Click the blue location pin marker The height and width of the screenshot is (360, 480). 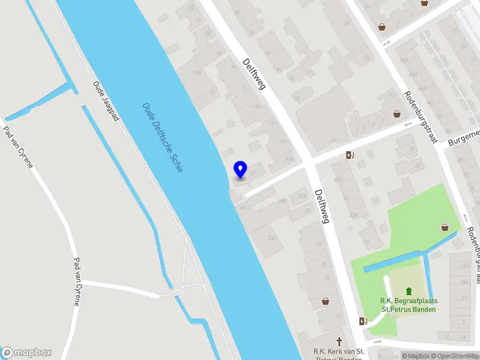click(x=241, y=170)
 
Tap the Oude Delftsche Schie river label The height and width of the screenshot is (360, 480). click(x=163, y=137)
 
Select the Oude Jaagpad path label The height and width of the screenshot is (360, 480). click(x=106, y=101)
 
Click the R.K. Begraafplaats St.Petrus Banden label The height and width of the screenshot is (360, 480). click(x=408, y=305)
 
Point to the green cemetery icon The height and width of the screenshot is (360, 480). click(x=409, y=291)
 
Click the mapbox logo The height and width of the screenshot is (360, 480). click(x=26, y=353)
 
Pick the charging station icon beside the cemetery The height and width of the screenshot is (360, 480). click(x=362, y=321)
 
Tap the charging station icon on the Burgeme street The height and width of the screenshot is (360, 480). click(x=350, y=155)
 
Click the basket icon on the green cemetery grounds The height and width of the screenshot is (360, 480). click(x=445, y=227)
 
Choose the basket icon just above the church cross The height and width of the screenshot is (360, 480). click(x=325, y=301)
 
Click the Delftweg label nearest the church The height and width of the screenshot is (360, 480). click(x=322, y=205)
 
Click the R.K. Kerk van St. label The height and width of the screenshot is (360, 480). click(x=340, y=351)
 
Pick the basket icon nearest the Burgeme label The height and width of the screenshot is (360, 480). click(x=397, y=113)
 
